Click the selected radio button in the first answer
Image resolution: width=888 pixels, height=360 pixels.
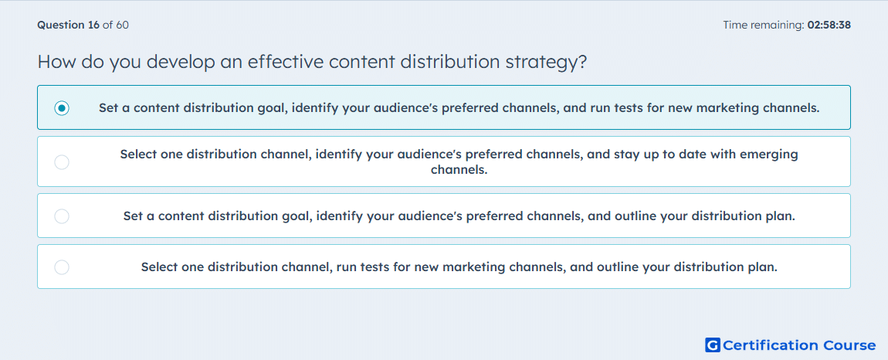(62, 107)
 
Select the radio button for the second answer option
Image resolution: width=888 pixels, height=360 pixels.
(62, 162)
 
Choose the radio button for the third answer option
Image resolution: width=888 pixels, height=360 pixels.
(62, 216)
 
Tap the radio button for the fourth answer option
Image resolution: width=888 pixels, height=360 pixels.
(62, 267)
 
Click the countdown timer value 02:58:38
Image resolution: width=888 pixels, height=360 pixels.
(829, 25)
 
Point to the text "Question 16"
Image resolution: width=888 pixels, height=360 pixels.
(69, 25)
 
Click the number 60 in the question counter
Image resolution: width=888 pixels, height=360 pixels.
(122, 25)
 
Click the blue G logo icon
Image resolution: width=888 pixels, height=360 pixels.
(713, 345)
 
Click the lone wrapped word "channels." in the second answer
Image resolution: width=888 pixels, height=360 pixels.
(459, 169)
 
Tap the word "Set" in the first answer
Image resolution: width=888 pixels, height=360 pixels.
(108, 107)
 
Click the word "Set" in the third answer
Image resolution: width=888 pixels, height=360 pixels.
(133, 216)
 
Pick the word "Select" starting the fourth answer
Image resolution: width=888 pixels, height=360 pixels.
(158, 267)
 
